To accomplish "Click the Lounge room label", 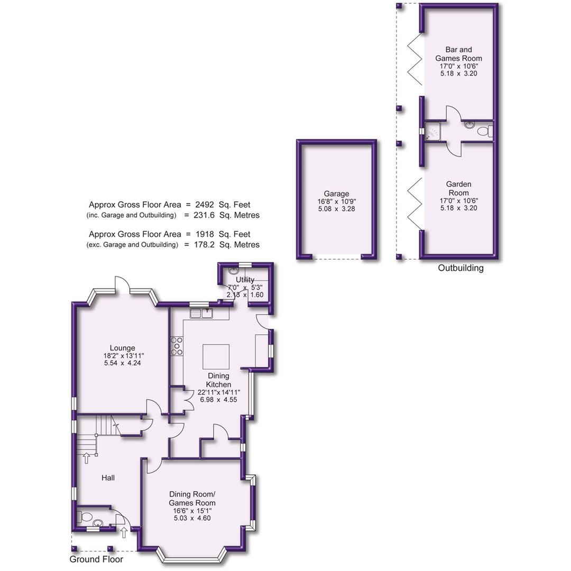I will (122, 348).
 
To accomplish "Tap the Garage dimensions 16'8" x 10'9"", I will (337, 202).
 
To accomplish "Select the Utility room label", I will (245, 279).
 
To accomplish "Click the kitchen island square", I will (216, 357).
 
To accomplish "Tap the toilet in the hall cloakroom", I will (84, 517).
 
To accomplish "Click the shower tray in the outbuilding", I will (433, 131).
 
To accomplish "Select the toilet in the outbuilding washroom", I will (483, 131).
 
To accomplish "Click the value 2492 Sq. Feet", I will (222, 205).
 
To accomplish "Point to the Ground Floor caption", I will (96, 559).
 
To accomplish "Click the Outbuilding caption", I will (461, 268).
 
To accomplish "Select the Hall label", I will (108, 477).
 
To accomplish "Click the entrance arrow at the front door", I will (124, 532).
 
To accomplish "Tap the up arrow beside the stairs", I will (86, 458).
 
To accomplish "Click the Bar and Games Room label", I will (458, 54).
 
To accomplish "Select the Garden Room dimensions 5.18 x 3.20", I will (458, 208).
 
